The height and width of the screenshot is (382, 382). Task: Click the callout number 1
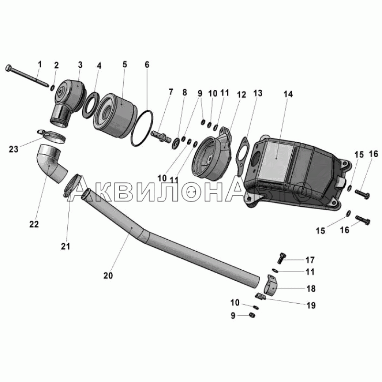pyautogui.click(x=40, y=64)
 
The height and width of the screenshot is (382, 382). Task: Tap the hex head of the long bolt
pyautogui.click(x=8, y=68)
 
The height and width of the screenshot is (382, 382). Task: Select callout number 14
pyautogui.click(x=288, y=94)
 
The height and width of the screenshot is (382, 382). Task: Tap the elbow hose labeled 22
pyautogui.click(x=53, y=163)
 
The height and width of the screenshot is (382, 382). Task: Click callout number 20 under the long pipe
pyautogui.click(x=108, y=276)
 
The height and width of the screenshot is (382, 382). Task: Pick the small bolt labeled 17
pyautogui.click(x=282, y=257)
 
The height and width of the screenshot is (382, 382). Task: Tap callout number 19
pyautogui.click(x=311, y=305)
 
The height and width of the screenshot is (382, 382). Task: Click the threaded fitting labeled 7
pyautogui.click(x=160, y=138)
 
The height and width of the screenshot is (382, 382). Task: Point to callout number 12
pyautogui.click(x=241, y=95)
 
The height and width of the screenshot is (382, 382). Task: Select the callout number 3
pyautogui.click(x=80, y=65)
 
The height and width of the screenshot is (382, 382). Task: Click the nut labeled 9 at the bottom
pyautogui.click(x=252, y=315)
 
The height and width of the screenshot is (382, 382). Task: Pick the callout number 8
pyautogui.click(x=184, y=92)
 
